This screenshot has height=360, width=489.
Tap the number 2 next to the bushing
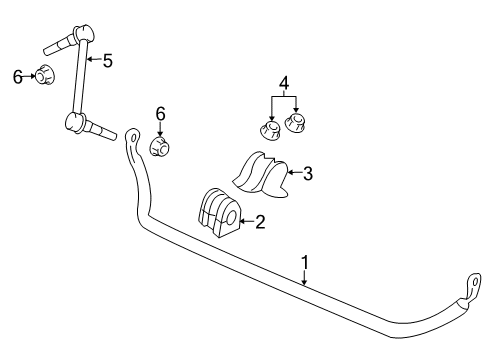click(x=260, y=222)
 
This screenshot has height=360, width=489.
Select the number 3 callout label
click(x=308, y=174)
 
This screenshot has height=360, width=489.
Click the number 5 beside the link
click(x=107, y=60)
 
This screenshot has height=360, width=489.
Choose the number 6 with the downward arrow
click(x=160, y=115)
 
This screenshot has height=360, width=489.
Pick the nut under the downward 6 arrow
click(x=160, y=147)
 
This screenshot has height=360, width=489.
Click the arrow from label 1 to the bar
click(x=306, y=278)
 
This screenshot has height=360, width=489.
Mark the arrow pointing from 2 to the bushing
click(x=246, y=222)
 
